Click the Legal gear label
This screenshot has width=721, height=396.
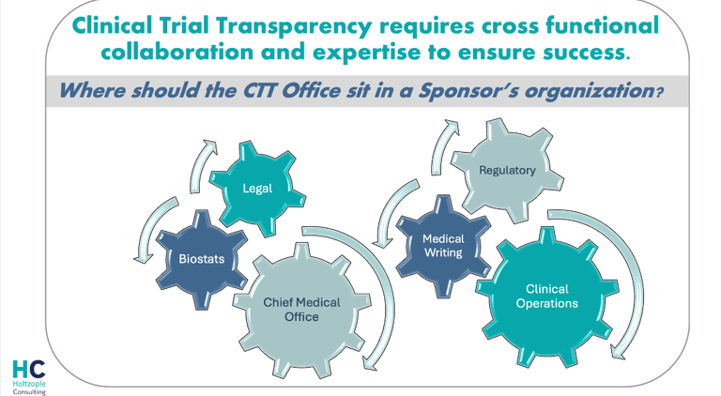(257, 188)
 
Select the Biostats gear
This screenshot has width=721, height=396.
(202, 258)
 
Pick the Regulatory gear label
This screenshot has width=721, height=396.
(507, 171)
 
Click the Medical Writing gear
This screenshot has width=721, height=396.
(442, 247)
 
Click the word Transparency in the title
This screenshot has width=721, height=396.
(285, 23)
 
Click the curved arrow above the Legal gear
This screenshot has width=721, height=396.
(204, 163)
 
